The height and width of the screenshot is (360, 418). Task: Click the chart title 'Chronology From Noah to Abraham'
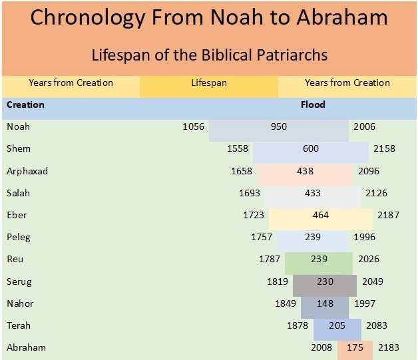[x=208, y=18]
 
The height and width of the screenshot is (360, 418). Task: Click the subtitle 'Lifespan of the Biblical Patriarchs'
[x=208, y=54]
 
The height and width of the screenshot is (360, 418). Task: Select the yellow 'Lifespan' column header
[x=209, y=83]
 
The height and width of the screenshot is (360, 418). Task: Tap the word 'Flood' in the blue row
[x=313, y=104]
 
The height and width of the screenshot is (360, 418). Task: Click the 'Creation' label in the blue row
[x=25, y=104]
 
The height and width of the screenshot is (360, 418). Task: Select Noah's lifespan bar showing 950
[x=278, y=126]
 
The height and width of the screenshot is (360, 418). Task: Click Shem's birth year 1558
[x=238, y=148]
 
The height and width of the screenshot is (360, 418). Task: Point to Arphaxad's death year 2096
[x=368, y=171]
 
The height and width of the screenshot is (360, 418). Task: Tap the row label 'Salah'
[x=18, y=193]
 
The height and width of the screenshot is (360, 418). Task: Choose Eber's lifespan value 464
[x=320, y=215]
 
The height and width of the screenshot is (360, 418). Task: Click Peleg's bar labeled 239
[x=313, y=237]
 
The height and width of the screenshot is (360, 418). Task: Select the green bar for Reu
[x=318, y=260]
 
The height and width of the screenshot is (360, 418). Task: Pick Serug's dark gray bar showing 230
[x=325, y=281]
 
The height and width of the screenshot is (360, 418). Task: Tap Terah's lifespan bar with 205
[x=337, y=326]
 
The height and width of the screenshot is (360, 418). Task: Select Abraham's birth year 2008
[x=321, y=348]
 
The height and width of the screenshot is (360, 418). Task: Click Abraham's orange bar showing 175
[x=355, y=348]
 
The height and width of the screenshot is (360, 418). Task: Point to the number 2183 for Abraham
[x=389, y=348]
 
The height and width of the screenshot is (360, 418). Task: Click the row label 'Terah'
[x=18, y=326]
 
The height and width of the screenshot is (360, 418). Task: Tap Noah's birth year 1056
[x=193, y=126]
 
